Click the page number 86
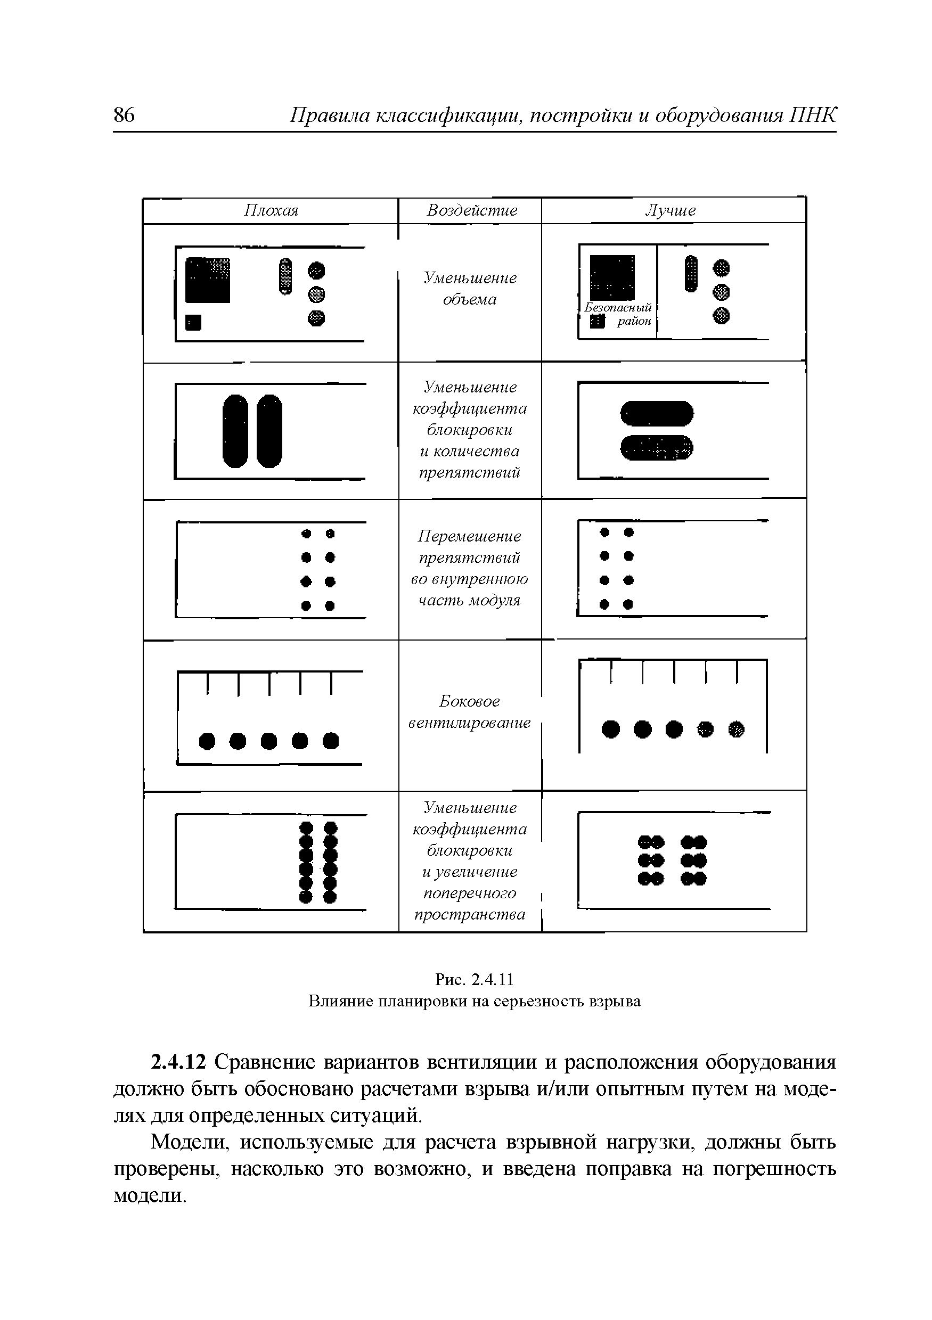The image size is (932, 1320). point(124,115)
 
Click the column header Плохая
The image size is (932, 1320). point(272,210)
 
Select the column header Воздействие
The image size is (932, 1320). point(471,210)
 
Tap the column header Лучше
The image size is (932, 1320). point(671,210)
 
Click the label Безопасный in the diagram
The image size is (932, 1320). point(618,308)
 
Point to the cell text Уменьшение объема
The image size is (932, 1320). point(470,289)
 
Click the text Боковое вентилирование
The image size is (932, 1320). point(470,712)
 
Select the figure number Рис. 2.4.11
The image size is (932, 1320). point(475,979)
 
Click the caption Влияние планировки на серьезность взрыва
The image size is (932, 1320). point(475,1001)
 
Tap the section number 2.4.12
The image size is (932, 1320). point(178,1062)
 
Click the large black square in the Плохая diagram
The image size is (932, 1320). point(208,280)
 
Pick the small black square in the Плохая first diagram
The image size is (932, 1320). point(194,323)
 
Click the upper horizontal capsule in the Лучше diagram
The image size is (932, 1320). point(657,413)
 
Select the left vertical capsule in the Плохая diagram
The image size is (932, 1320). point(235,431)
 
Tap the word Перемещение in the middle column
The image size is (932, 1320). point(469,536)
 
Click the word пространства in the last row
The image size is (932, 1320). point(470,914)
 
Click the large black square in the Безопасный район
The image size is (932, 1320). point(612,277)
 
